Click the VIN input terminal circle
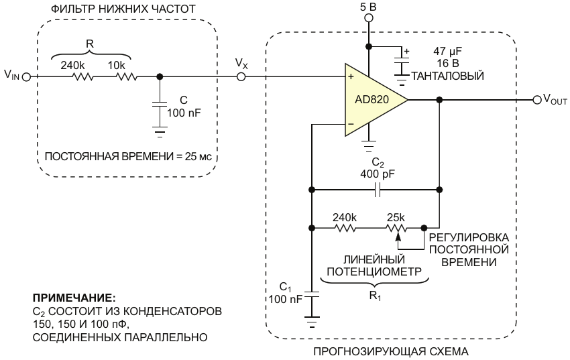coord(26,77)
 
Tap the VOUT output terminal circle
coord(536,100)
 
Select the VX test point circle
coord(241,77)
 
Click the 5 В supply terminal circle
coord(369,18)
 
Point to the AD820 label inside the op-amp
coord(372,99)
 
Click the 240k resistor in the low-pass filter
coord(83,77)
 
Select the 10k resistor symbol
coord(127,77)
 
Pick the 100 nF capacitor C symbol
coord(159,105)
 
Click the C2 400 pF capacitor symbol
coord(378,190)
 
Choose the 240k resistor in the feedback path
coord(345,228)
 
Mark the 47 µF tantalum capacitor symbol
coord(402,60)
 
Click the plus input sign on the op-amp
coord(351,77)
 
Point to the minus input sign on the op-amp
coord(351,124)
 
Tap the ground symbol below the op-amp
coord(369,146)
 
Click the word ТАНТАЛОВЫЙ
coord(447,76)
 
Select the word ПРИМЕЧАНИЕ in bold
coord(74,298)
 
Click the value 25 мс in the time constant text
coord(201,157)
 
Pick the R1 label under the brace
coord(375,296)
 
